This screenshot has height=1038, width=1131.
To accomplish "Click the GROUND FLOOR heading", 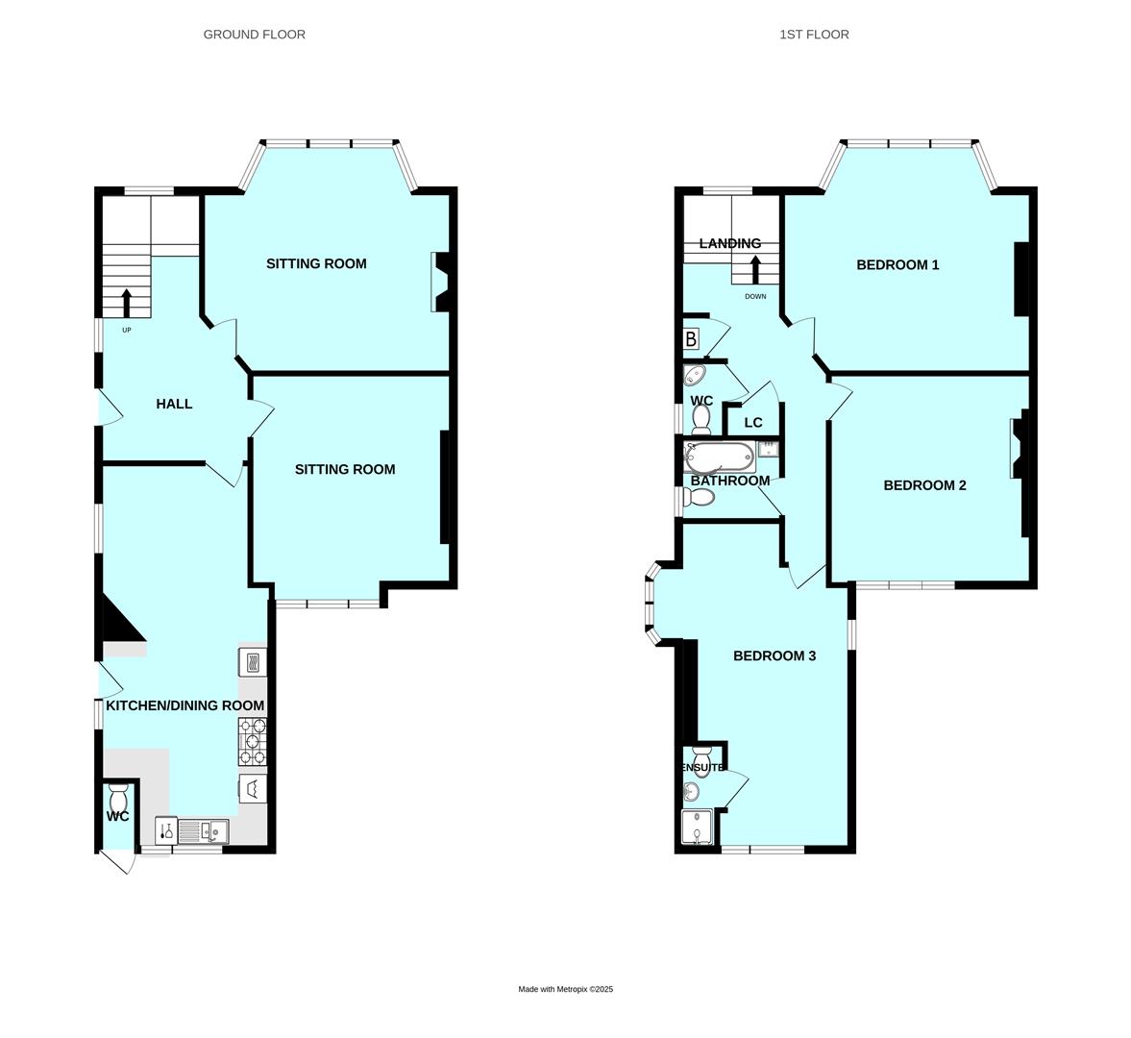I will [254, 35].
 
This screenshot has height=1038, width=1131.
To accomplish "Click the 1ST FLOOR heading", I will [814, 35].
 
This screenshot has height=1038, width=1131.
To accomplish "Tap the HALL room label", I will [174, 404].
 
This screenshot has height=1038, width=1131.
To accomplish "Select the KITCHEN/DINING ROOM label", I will [184, 705].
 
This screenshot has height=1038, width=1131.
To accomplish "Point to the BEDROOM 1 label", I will [897, 264].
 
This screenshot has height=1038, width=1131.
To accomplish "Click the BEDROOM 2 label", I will [924, 485].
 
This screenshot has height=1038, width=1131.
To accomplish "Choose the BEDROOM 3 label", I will [774, 655].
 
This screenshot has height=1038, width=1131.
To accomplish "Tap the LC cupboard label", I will [753, 423].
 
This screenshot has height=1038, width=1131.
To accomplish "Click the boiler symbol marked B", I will [691, 339].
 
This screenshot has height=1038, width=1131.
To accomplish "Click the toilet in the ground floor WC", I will [119, 797].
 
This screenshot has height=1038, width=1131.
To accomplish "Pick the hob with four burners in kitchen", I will [252, 741].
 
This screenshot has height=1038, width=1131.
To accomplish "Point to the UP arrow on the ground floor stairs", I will [127, 302].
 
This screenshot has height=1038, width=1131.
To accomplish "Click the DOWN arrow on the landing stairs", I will [755, 268].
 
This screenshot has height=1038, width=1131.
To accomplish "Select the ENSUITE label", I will [702, 768].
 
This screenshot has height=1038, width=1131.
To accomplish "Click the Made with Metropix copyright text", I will [565, 989].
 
